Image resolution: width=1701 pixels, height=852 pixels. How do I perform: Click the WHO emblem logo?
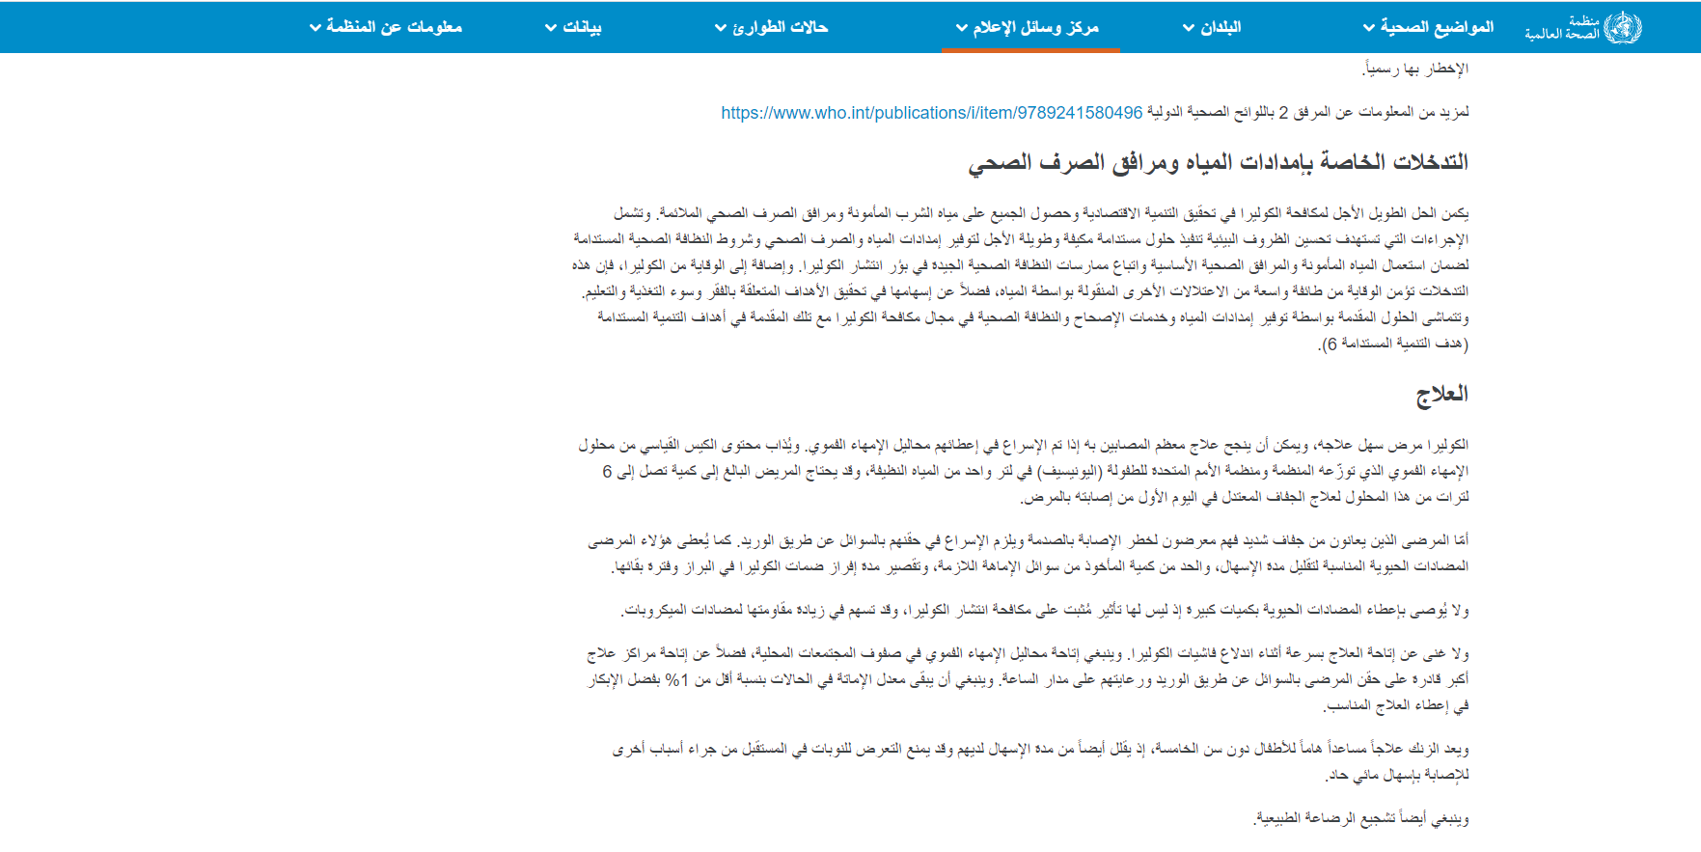point(1622,27)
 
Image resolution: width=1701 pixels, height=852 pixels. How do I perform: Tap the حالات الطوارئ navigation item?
point(771,27)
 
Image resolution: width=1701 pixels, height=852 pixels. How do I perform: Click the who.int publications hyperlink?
point(932,113)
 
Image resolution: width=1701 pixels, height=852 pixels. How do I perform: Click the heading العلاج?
point(1441,394)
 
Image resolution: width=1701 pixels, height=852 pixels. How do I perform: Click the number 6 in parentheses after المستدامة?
point(1331,344)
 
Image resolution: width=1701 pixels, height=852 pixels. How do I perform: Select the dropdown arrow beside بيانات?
point(551,28)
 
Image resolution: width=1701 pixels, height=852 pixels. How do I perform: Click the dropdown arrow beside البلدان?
point(1189,28)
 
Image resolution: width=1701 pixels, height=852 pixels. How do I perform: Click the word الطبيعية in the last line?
point(1282,819)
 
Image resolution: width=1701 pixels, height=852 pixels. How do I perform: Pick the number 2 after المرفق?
point(1283,113)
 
